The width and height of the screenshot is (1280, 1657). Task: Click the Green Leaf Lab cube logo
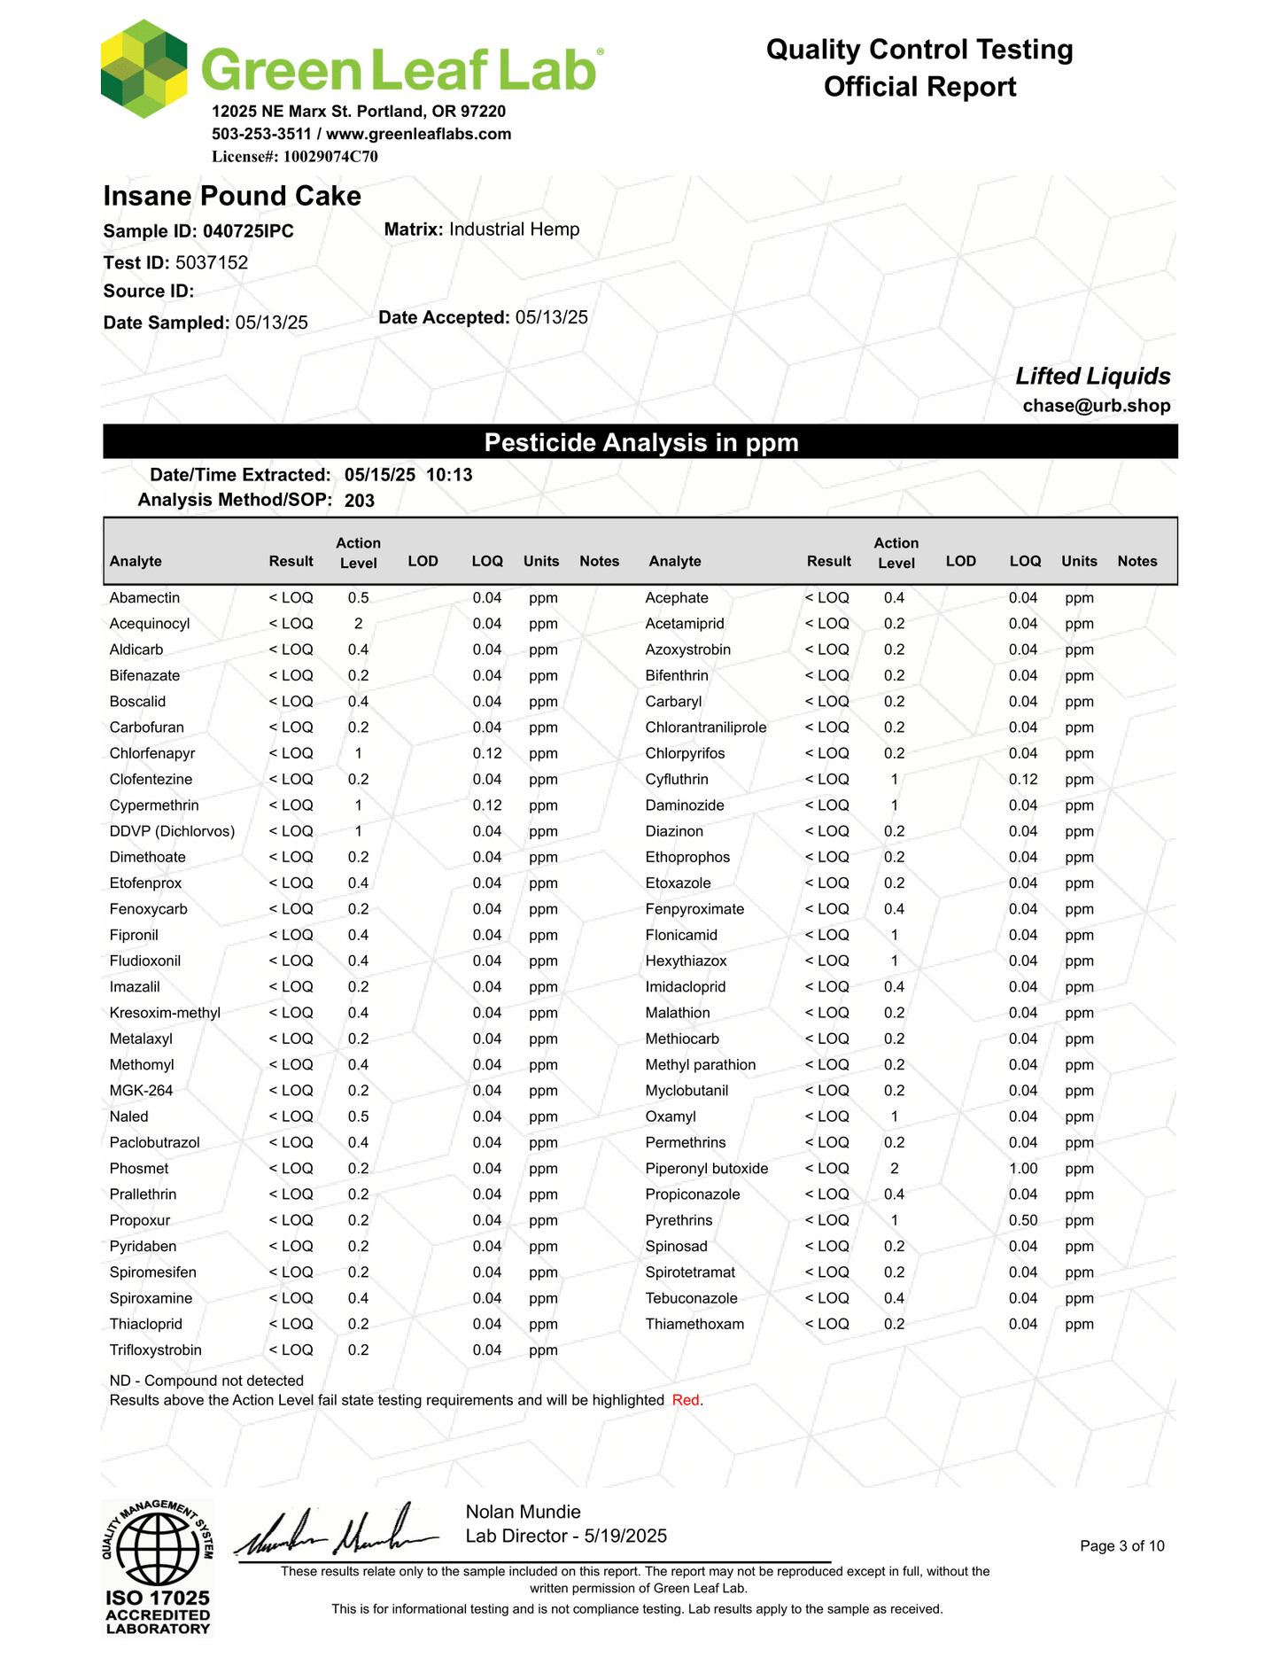pyautogui.click(x=144, y=69)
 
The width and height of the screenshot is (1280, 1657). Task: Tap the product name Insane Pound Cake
pyautogui.click(x=232, y=196)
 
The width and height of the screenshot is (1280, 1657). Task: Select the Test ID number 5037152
pyautogui.click(x=212, y=262)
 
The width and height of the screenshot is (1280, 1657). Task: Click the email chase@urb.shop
pyautogui.click(x=1096, y=406)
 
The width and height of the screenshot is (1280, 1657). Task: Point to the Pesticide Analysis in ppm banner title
pyautogui.click(x=640, y=442)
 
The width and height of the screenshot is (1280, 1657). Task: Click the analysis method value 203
pyautogui.click(x=360, y=501)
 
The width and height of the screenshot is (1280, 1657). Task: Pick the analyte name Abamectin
pyautogui.click(x=144, y=598)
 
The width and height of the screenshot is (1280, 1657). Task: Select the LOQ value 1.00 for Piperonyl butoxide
pyautogui.click(x=1023, y=1169)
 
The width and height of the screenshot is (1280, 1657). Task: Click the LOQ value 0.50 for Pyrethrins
pyautogui.click(x=1023, y=1220)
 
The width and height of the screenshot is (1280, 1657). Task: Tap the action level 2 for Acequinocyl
pyautogui.click(x=358, y=624)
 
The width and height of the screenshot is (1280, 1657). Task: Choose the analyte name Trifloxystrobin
pyautogui.click(x=155, y=1350)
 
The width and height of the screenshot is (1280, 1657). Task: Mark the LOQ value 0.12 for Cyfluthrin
pyautogui.click(x=1023, y=780)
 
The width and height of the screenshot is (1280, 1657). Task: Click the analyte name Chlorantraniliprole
pyautogui.click(x=705, y=727)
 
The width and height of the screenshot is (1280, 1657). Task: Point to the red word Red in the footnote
pyautogui.click(x=686, y=1400)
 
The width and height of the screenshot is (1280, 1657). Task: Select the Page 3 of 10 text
pyautogui.click(x=1121, y=1546)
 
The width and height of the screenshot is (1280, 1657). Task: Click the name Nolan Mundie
pyautogui.click(x=523, y=1512)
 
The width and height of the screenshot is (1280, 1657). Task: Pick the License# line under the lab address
pyautogui.click(x=294, y=157)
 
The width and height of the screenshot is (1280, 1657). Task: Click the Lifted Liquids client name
pyautogui.click(x=1092, y=377)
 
